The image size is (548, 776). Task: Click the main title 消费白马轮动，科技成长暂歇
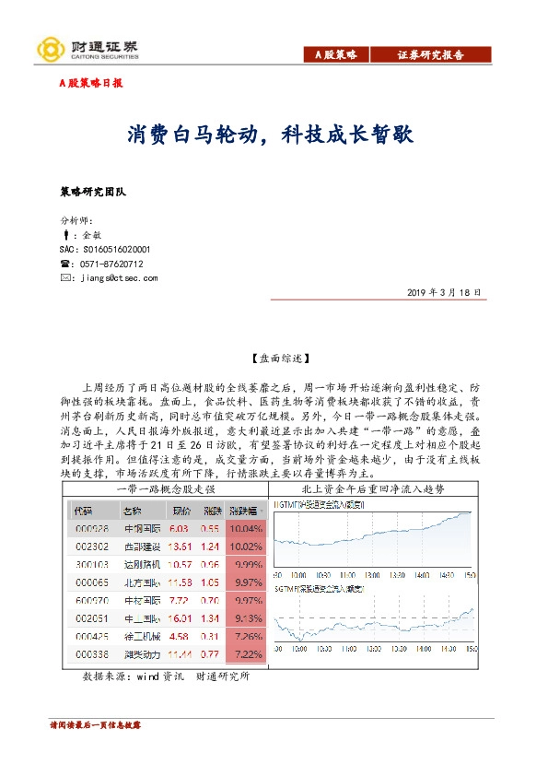[x=271, y=135]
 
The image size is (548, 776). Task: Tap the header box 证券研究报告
[x=430, y=55]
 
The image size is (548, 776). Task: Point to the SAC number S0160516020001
[x=104, y=249]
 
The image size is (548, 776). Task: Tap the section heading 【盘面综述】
[x=274, y=357]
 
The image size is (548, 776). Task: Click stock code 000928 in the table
[x=91, y=529]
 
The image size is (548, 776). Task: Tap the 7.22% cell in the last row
[x=246, y=654]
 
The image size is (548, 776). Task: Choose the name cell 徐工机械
[x=137, y=637]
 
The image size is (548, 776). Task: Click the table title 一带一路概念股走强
[x=166, y=488]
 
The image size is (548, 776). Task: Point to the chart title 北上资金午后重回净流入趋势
[x=376, y=488]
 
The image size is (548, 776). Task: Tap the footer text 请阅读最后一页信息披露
[x=95, y=725]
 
